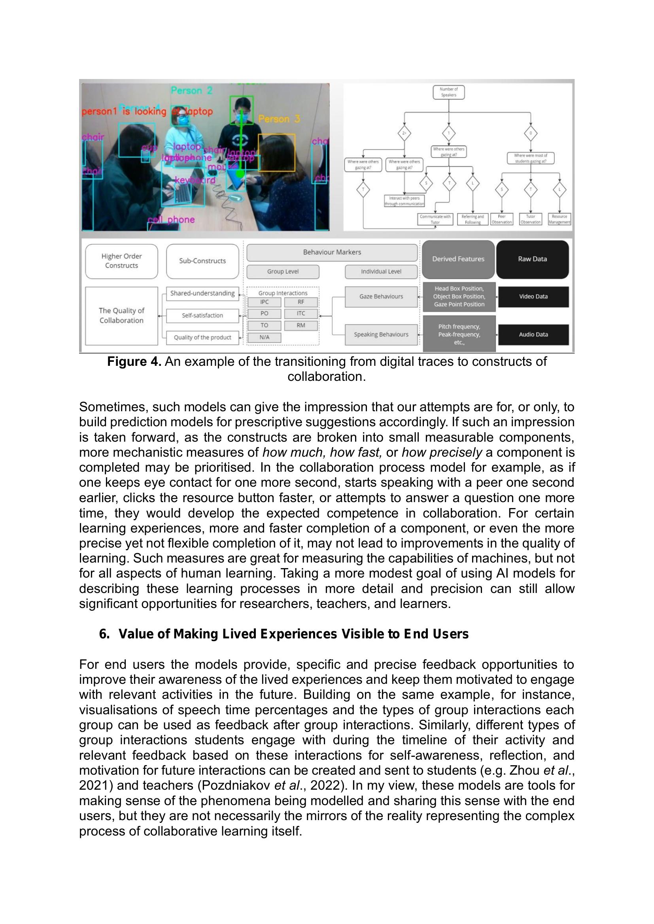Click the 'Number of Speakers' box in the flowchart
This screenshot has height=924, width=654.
449,92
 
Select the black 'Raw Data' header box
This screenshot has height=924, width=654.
532,259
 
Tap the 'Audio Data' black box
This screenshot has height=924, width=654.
533,335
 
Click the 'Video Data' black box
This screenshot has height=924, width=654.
533,297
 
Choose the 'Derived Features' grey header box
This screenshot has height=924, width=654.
458,259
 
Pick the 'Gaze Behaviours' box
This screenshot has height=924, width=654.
381,297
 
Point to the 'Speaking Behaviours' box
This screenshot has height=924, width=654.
381,335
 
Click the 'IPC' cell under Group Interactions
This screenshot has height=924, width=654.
264,302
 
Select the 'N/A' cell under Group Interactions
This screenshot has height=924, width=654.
264,338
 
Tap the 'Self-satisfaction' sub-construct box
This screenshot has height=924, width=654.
202,316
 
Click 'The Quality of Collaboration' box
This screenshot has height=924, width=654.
121,316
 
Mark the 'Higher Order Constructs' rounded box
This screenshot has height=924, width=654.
121,261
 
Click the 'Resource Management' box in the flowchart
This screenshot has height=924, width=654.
559,219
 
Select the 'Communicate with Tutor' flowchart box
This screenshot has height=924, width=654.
435,219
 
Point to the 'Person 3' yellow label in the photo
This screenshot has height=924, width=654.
279,119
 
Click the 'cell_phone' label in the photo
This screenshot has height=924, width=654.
171,220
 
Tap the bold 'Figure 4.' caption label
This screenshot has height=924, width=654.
134,362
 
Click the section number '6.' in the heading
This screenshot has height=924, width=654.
104,634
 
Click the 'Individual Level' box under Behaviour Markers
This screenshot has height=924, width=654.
381,272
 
